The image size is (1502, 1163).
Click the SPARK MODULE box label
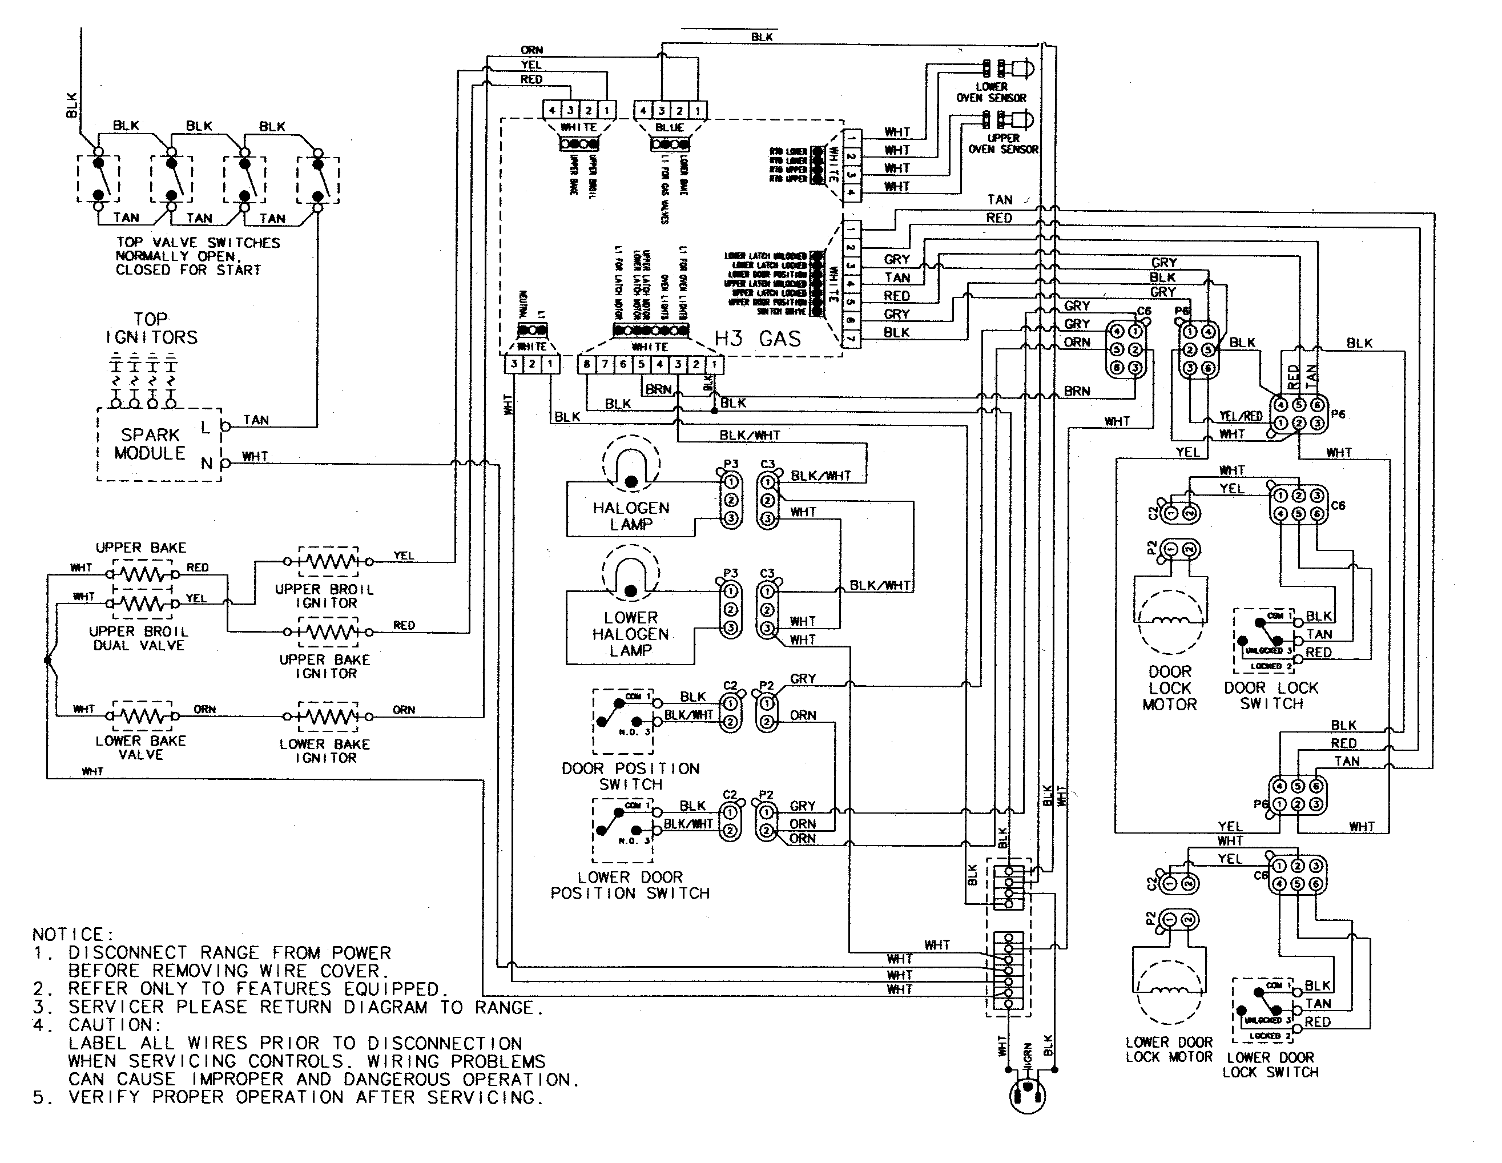pyautogui.click(x=150, y=444)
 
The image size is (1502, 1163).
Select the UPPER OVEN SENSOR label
pyautogui.click(x=1002, y=144)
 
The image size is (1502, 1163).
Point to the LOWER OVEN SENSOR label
pyautogui.click(x=991, y=92)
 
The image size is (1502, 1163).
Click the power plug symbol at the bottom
pyautogui.click(x=1028, y=1093)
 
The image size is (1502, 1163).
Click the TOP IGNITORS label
pyautogui.click(x=151, y=329)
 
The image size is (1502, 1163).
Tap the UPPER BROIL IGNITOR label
pyautogui.click(x=325, y=596)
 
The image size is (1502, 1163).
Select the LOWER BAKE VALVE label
pyautogui.click(x=140, y=747)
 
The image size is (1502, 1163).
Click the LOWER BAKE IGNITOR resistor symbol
pyautogui.click(x=328, y=717)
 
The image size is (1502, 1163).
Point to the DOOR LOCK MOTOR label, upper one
pyautogui.click(x=1169, y=688)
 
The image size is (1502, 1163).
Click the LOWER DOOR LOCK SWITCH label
pyautogui.click(x=1270, y=1065)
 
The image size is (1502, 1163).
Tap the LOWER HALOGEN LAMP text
pyautogui.click(x=631, y=633)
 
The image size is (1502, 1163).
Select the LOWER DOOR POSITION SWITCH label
pyautogui.click(x=630, y=885)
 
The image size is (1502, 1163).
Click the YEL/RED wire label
pyautogui.click(x=1240, y=416)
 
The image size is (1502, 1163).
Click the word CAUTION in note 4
pyautogui.click(x=114, y=1025)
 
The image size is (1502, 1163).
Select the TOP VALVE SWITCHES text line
pyautogui.click(x=198, y=243)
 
